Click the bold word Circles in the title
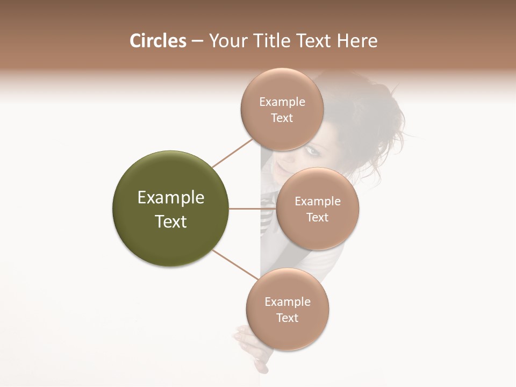[157, 41]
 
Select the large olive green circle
[170, 209]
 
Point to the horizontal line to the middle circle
[252, 209]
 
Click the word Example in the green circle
[170, 198]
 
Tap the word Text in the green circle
[170, 221]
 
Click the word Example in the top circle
[282, 102]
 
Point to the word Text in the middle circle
[317, 217]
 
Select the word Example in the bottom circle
[287, 302]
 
